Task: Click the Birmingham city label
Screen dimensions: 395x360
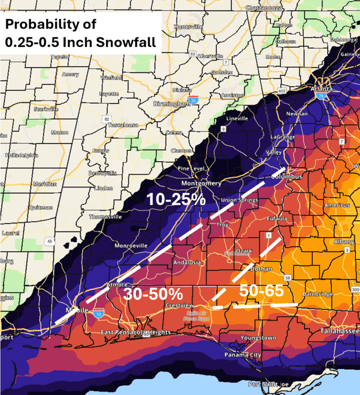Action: click(x=171, y=104)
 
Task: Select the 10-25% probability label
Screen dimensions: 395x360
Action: click(x=176, y=199)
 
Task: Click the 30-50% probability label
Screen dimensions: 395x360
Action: click(x=153, y=294)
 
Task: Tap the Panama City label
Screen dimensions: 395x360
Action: click(x=243, y=355)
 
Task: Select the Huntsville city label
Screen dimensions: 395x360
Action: click(x=188, y=27)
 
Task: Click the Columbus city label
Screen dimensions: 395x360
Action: click(x=287, y=177)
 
